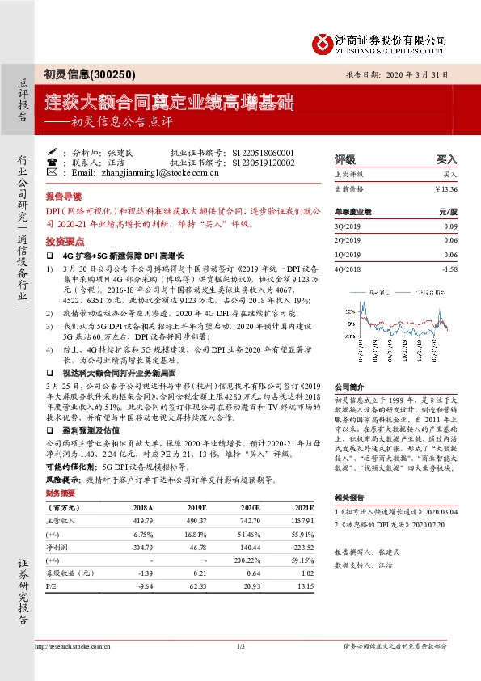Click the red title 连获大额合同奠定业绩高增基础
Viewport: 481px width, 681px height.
tap(168, 103)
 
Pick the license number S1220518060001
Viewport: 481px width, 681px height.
tap(264, 152)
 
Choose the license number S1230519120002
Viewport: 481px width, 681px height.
tap(264, 163)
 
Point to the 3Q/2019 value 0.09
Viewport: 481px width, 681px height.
tap(450, 226)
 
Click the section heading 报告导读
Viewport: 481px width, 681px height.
tap(64, 197)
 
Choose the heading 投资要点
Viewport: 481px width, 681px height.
tap(64, 241)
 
